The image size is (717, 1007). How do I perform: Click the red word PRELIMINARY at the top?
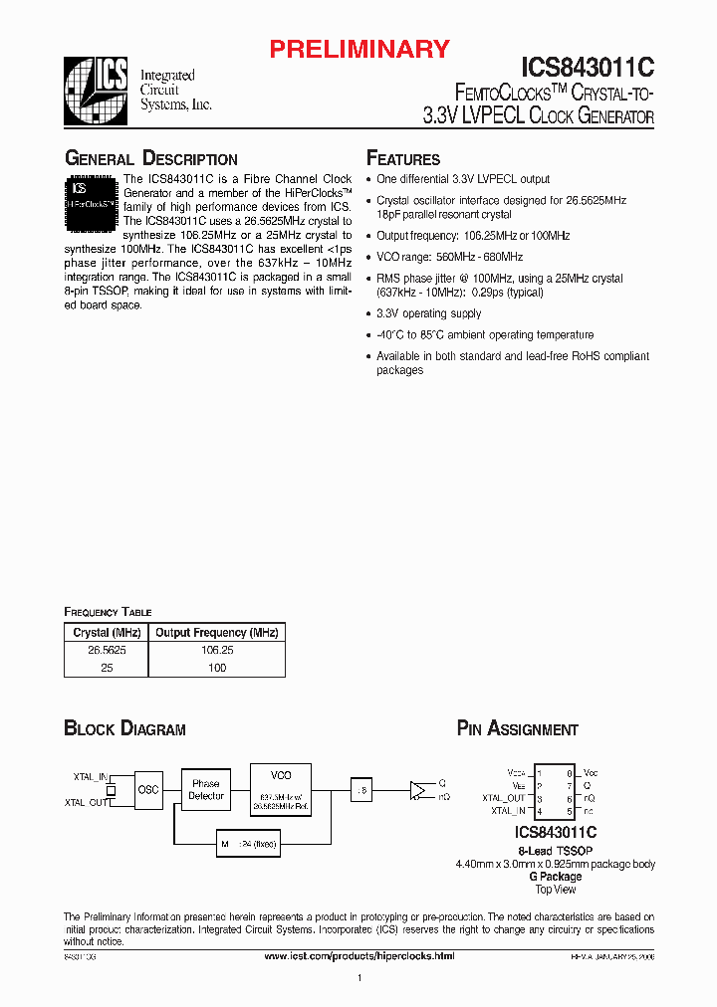click(360, 48)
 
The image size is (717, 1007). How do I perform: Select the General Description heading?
click(150, 159)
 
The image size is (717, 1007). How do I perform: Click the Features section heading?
click(403, 159)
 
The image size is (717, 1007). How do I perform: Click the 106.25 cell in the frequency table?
click(215, 648)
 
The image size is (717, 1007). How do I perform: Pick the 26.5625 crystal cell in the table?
click(106, 648)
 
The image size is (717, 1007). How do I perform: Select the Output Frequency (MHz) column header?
click(215, 633)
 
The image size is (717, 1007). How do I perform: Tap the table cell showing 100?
click(215, 668)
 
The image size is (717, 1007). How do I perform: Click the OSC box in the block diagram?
click(147, 789)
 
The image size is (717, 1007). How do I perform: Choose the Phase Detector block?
click(205, 789)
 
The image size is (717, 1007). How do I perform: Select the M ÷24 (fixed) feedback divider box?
click(248, 844)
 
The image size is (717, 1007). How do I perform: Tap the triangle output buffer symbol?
click(418, 791)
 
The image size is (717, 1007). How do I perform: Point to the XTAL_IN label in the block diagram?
click(90, 776)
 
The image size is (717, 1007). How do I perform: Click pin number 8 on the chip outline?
click(569, 772)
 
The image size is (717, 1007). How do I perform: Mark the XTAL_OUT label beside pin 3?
click(503, 798)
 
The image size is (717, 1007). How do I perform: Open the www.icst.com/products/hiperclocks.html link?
click(358, 956)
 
